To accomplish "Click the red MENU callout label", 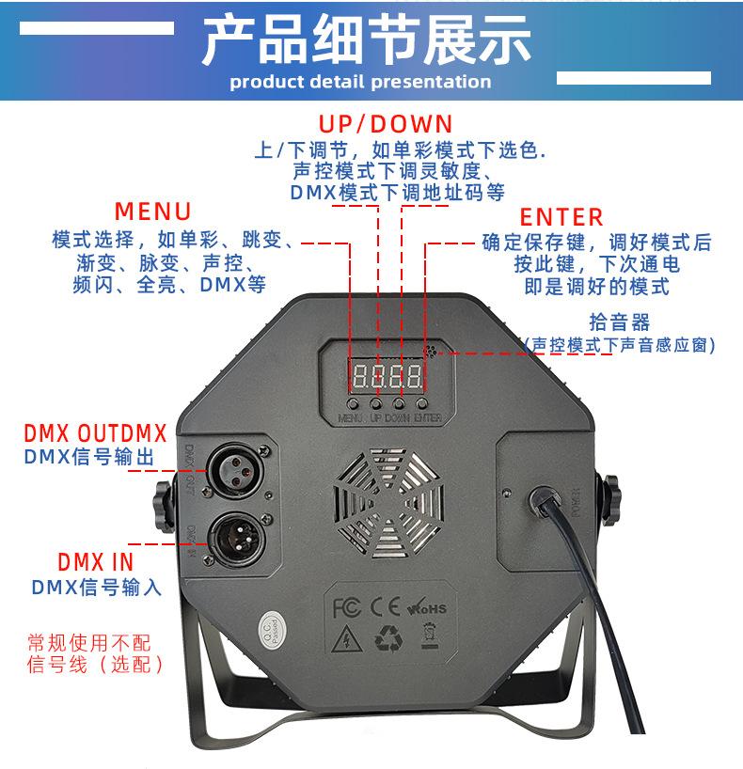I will [x=152, y=210].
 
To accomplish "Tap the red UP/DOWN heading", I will [x=385, y=124].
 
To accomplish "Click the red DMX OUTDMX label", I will [x=95, y=433].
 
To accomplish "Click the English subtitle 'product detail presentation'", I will [x=361, y=81].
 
